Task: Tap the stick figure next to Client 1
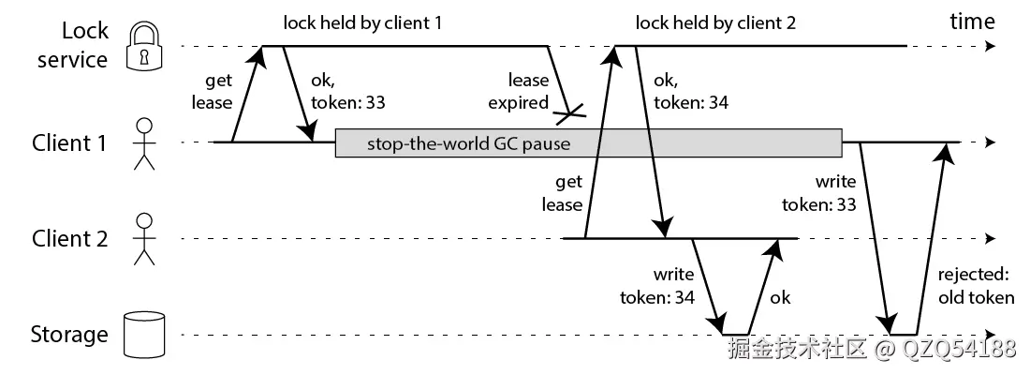click(x=143, y=143)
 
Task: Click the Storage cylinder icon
click(x=143, y=335)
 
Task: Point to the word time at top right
click(x=973, y=21)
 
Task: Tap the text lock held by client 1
click(x=362, y=22)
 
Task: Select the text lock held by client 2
click(x=715, y=22)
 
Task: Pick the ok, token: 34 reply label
click(x=689, y=92)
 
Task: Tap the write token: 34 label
click(x=656, y=287)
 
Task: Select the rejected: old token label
click(x=976, y=287)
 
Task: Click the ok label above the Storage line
click(x=780, y=298)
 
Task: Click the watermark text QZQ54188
click(x=960, y=349)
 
